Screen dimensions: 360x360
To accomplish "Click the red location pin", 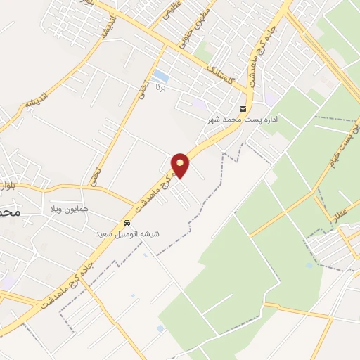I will [x=181, y=166].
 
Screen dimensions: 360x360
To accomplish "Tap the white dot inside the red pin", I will [x=181, y=163].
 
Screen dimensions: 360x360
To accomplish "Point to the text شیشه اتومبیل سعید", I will [x=127, y=233].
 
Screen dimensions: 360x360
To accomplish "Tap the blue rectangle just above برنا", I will [x=161, y=75].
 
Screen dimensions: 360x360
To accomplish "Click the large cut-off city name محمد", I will [x=9, y=211].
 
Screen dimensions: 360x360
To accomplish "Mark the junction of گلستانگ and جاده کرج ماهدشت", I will [x=247, y=91].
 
